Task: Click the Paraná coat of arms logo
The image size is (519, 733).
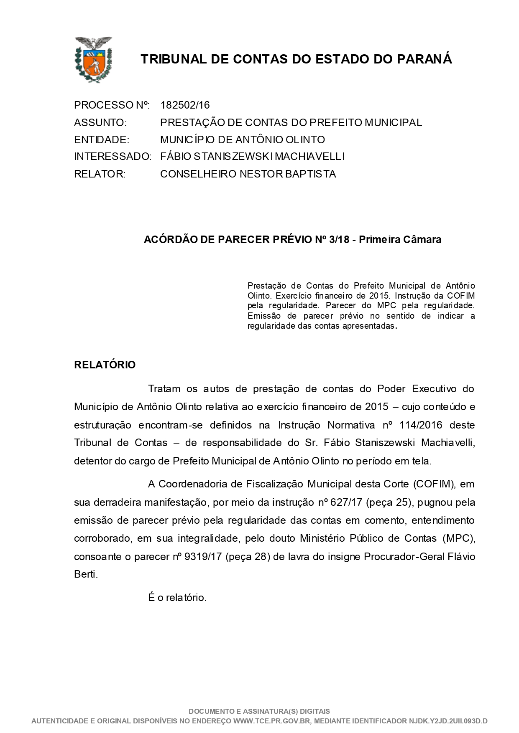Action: pyautogui.click(x=93, y=59)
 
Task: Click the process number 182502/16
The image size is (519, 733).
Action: pyautogui.click(x=185, y=105)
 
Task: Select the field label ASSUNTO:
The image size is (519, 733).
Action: pyautogui.click(x=100, y=123)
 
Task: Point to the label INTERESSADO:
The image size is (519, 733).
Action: pyautogui.click(x=112, y=157)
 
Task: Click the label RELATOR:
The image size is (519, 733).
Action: pyautogui.click(x=100, y=174)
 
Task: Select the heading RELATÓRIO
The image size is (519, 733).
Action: pyautogui.click(x=105, y=365)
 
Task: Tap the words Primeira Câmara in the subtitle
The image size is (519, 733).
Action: pyautogui.click(x=400, y=240)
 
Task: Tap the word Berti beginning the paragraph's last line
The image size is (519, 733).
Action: pyautogui.click(x=86, y=574)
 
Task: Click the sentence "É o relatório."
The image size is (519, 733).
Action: pyautogui.click(x=177, y=598)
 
